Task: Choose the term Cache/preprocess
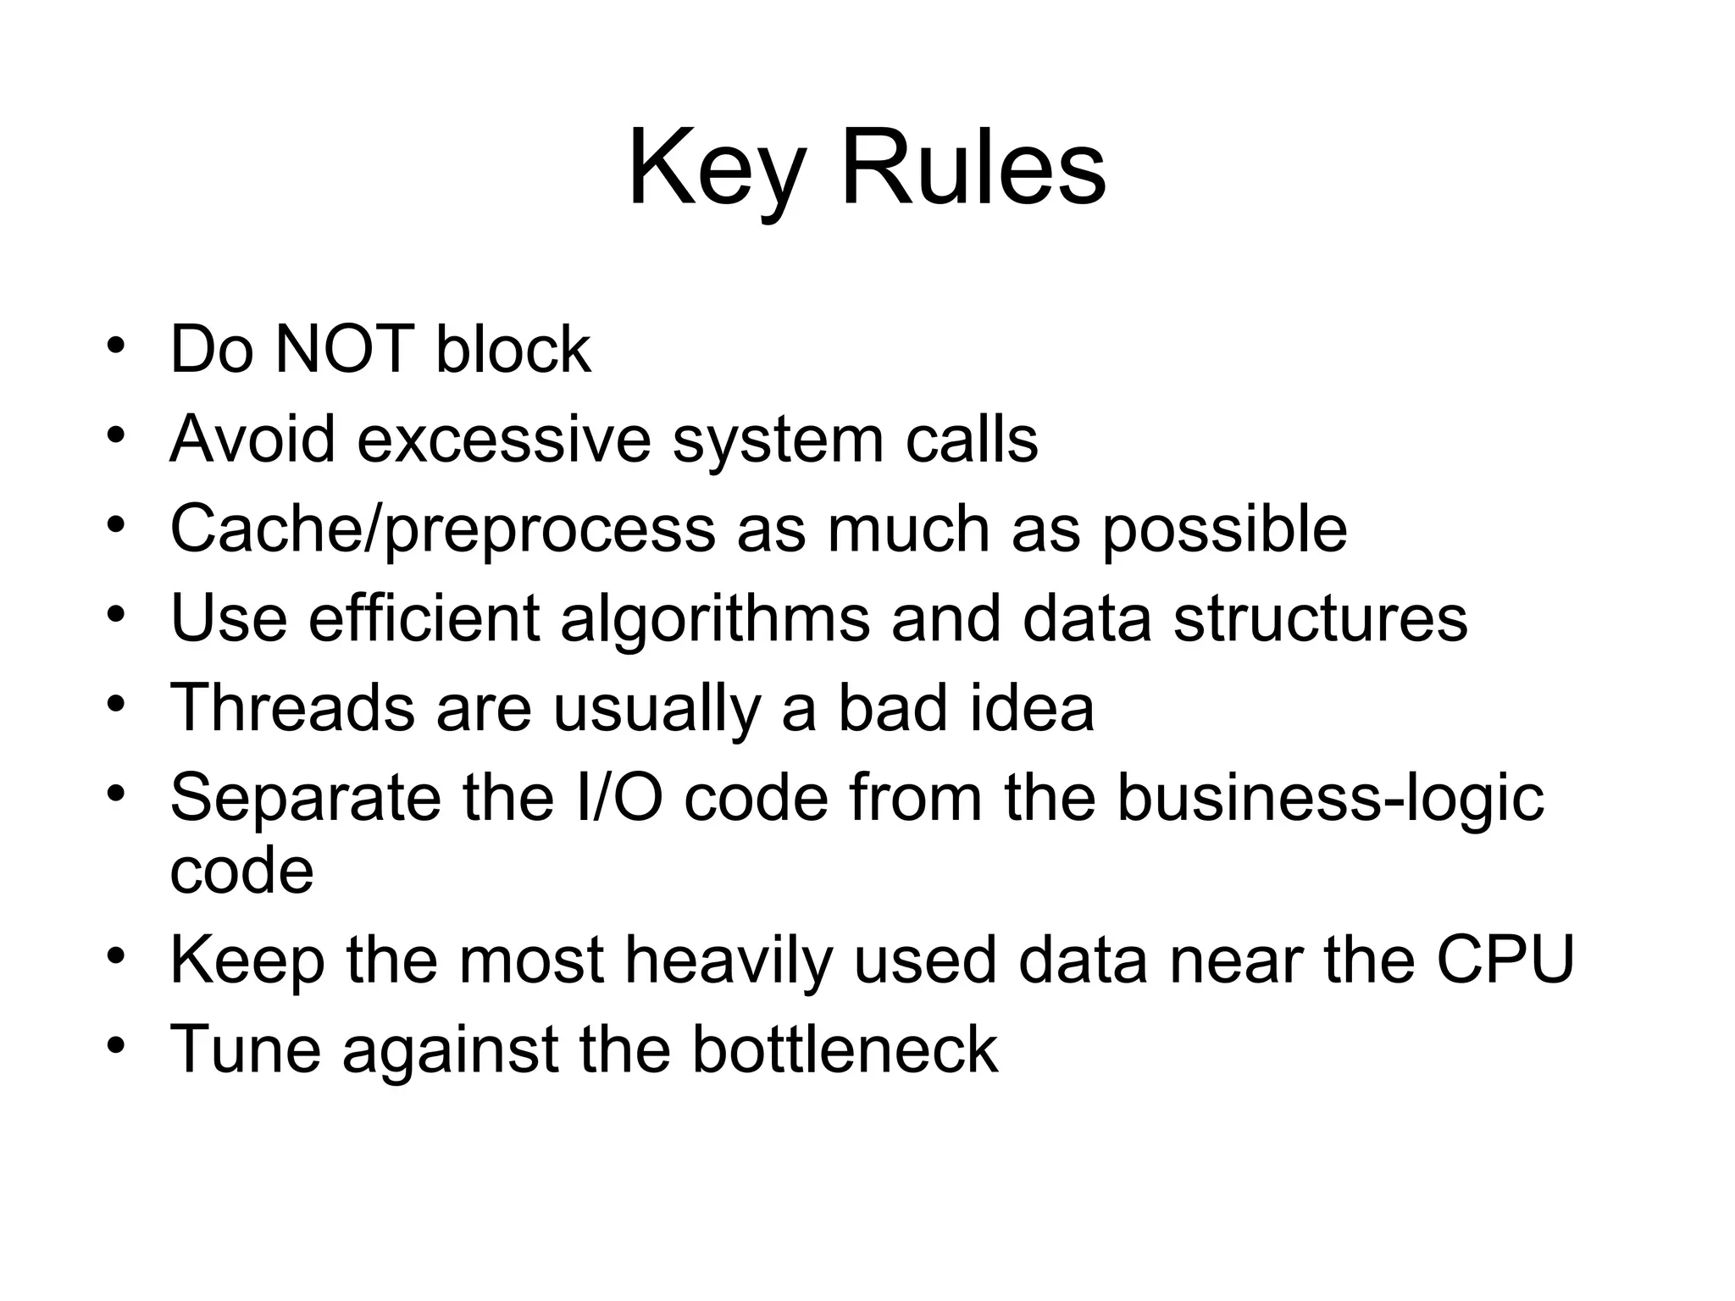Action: tap(442, 530)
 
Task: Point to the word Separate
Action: tap(305, 799)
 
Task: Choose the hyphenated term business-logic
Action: tap(1330, 799)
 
